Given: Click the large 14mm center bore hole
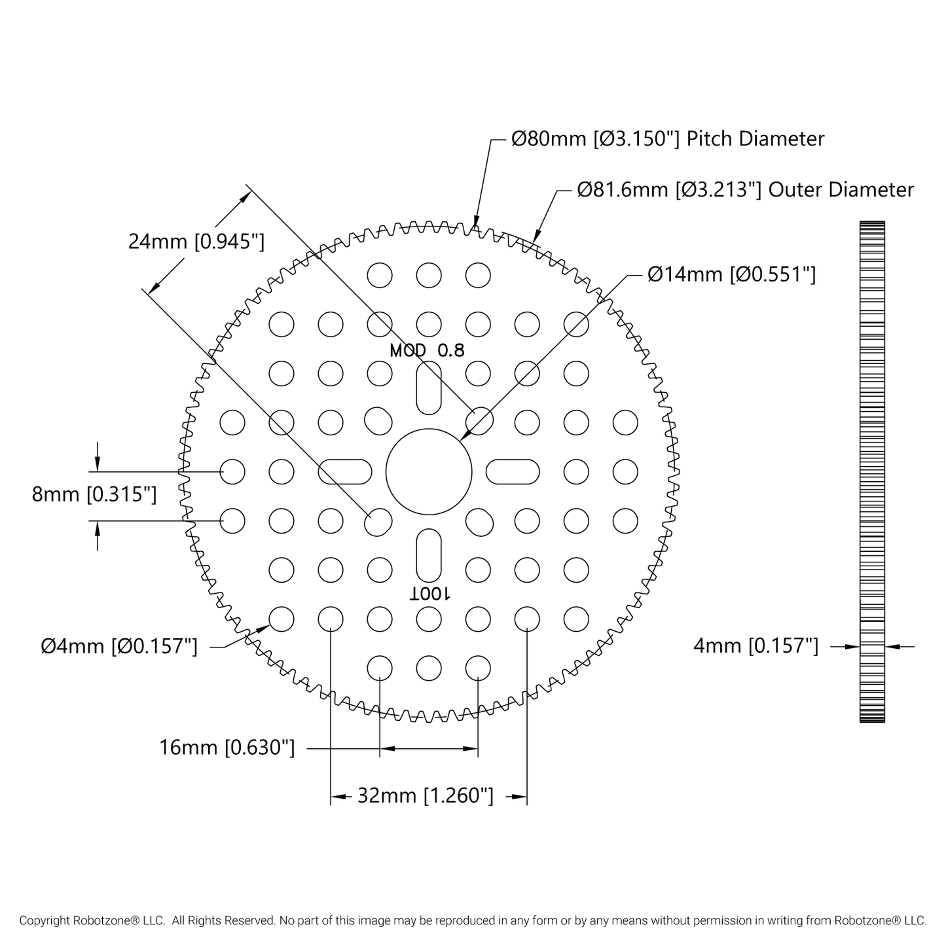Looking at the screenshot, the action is (x=429, y=472).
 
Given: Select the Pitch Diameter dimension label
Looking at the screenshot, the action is (x=668, y=139).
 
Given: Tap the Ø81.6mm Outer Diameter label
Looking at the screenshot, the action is (x=745, y=189).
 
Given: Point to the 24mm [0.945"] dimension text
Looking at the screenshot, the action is (x=196, y=242).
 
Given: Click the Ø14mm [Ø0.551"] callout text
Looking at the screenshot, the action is (x=731, y=274).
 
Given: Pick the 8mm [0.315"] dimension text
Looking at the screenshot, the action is (x=94, y=494).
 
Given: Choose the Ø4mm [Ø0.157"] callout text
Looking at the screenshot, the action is (x=119, y=646).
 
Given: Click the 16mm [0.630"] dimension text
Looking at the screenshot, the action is (x=227, y=747).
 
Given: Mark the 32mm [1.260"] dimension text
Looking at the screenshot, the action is (x=425, y=795).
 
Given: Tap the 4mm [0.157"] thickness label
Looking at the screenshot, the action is (x=756, y=646).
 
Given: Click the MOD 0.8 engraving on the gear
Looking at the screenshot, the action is (x=427, y=350).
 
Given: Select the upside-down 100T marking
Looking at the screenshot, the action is (x=429, y=595).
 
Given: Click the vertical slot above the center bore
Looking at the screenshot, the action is (x=429, y=388).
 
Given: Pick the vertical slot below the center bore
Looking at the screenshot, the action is (x=429, y=556).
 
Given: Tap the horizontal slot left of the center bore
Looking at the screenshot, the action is (x=344, y=472).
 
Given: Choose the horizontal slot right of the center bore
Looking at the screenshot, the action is (x=513, y=472).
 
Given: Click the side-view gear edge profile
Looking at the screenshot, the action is (x=872, y=472).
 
